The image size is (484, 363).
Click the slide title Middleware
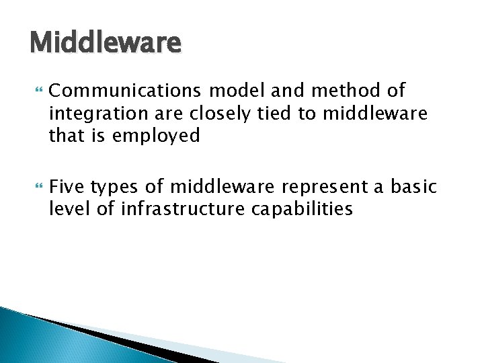pos(106,43)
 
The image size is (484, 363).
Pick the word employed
pos(156,136)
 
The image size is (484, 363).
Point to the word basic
pos(413,186)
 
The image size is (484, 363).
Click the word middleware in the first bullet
pos(374,114)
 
